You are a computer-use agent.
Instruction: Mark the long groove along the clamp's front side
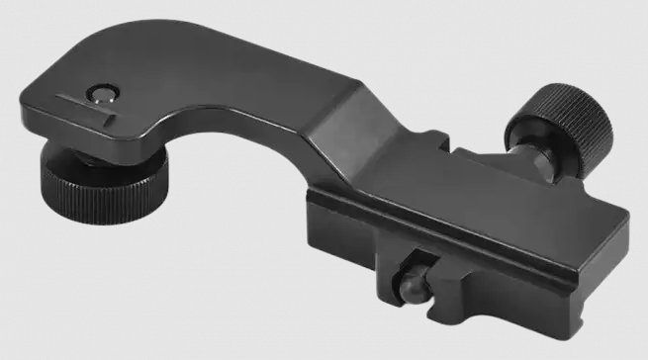(445, 238)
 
